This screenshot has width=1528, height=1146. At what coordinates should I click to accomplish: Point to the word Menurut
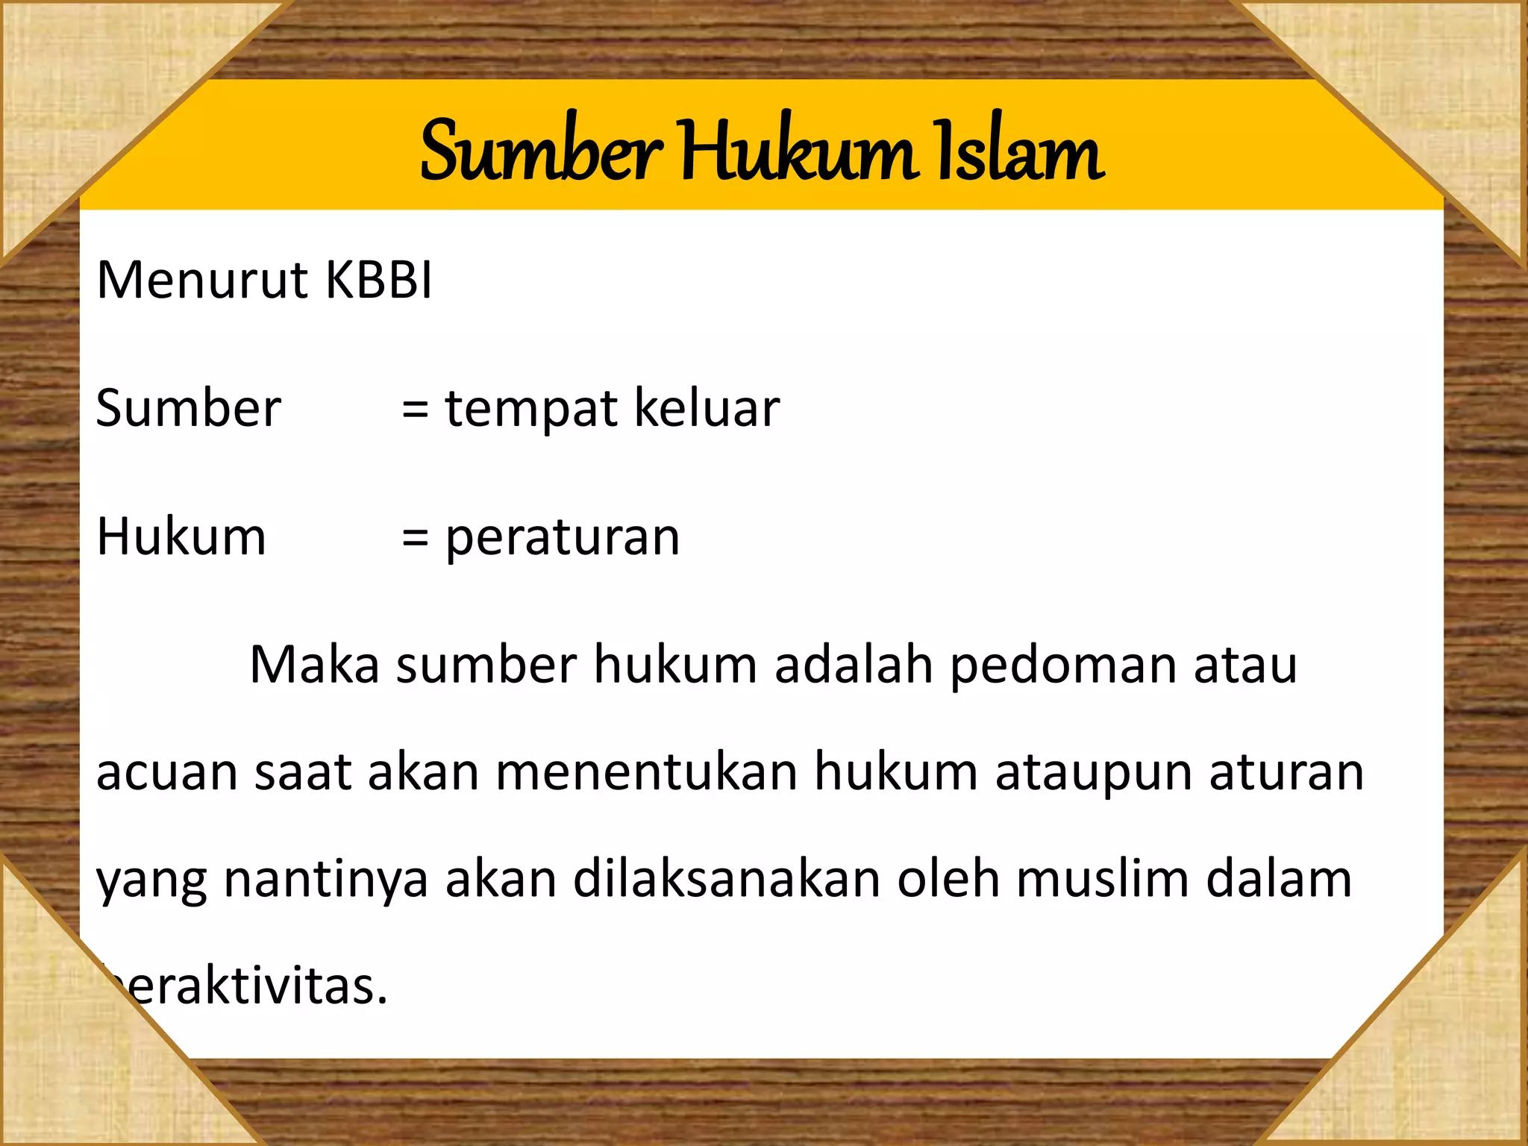click(x=202, y=280)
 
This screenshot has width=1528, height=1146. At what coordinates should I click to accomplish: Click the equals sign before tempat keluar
click(x=415, y=410)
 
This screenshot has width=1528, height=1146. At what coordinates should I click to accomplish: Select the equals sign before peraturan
click(x=415, y=537)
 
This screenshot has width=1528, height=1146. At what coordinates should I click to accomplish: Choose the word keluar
click(x=706, y=408)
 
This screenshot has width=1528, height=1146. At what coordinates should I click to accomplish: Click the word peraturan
click(x=563, y=538)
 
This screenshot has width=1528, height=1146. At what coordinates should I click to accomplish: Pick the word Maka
click(x=314, y=664)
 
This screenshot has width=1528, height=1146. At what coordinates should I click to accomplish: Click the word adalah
click(x=854, y=664)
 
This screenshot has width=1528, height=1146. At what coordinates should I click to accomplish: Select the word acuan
click(x=166, y=772)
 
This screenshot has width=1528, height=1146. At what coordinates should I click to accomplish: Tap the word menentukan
click(x=646, y=772)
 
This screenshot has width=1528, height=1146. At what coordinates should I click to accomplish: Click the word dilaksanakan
click(x=726, y=879)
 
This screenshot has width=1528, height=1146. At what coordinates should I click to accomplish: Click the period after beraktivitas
click(x=383, y=1002)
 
